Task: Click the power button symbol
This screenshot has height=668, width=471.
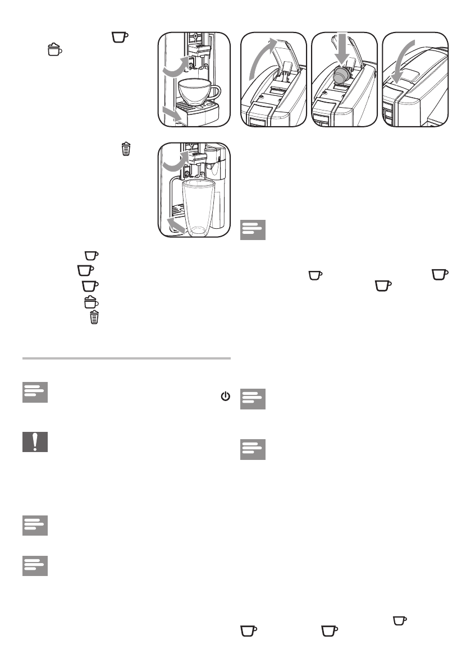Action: tap(225, 397)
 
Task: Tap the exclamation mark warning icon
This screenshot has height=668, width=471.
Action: tap(34, 442)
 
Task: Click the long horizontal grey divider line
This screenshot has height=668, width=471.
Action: tap(126, 358)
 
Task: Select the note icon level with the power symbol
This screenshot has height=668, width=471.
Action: tap(34, 393)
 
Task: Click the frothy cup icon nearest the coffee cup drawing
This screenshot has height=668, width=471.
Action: tap(54, 49)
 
